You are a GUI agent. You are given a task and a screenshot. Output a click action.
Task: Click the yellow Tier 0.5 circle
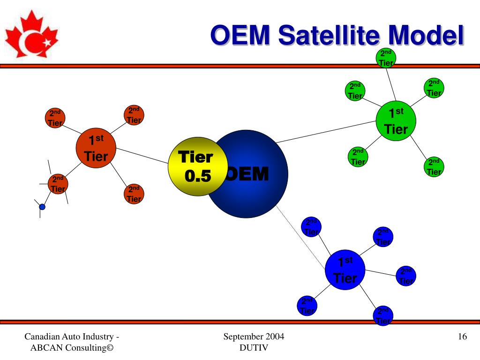[198, 166]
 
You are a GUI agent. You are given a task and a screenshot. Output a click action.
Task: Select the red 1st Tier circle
[96, 148]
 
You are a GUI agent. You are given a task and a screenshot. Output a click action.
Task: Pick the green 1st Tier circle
[396, 121]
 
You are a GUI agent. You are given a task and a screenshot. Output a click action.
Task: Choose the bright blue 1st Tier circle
[345, 270]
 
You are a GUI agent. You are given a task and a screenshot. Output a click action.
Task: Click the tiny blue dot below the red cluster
[42, 207]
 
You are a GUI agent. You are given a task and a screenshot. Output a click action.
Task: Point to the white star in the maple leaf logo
[47, 42]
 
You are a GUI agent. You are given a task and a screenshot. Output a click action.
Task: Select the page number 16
[462, 337]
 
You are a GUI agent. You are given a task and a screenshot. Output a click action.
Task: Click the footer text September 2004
[254, 337]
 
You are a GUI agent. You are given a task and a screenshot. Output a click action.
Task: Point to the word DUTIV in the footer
[254, 348]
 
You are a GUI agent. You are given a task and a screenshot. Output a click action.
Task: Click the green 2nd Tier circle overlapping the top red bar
[386, 58]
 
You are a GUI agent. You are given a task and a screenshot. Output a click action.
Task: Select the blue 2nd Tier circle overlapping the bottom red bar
[383, 315]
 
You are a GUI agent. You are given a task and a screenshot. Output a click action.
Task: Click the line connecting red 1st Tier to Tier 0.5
[142, 156]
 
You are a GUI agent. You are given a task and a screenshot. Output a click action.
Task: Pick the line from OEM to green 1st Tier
[326, 132]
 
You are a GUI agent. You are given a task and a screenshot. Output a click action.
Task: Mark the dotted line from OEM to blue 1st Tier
[300, 238]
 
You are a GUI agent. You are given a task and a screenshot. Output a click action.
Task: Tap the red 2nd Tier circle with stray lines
[58, 184]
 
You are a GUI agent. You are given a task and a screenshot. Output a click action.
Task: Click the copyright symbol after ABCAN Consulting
[110, 348]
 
